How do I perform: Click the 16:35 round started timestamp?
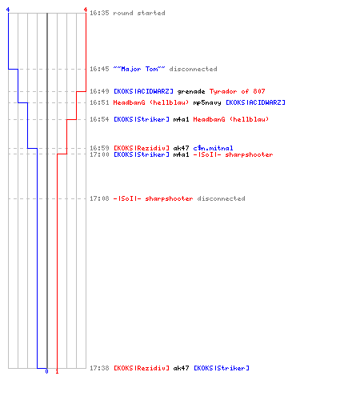pos(99,13)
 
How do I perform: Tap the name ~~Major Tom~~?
pos(139,69)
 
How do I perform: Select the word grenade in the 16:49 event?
pos(191,92)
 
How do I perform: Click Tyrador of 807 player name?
pos(238,91)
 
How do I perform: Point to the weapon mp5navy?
pos(207,103)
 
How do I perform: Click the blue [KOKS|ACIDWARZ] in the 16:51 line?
pos(255,102)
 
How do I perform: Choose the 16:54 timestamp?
pos(99,119)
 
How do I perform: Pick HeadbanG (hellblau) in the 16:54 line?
pos(231,119)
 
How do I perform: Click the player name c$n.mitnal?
pos(213,148)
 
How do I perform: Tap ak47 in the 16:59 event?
pos(181,148)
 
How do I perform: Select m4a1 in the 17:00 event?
pos(181,154)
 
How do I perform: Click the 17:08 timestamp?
pos(99,198)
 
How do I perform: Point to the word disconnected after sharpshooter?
pos(221,198)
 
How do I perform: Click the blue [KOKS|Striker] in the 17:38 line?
pos(222,368)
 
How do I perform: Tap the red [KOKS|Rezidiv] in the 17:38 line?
pos(142,368)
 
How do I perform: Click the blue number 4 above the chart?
pos(8,10)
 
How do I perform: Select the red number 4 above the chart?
pos(86,10)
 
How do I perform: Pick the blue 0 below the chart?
pos(46,371)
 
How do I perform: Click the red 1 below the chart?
pos(57,371)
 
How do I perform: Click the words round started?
pos(139,13)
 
